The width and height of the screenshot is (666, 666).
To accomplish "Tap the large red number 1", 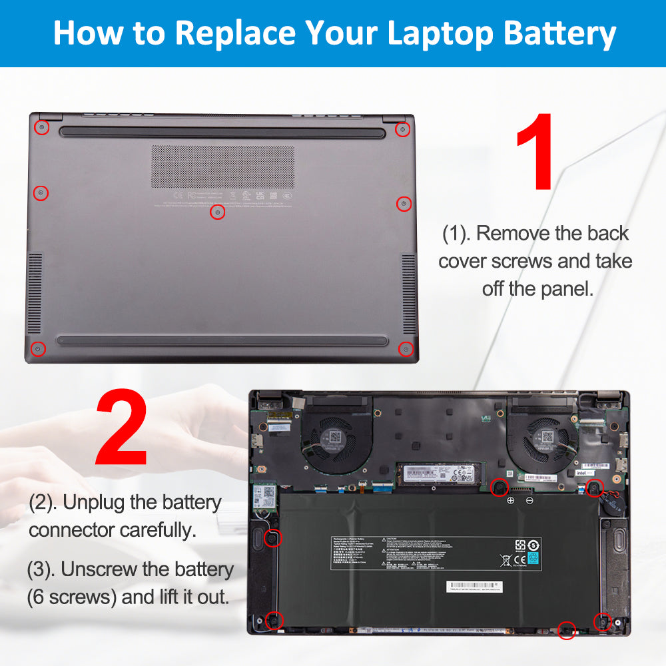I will tap(537, 153).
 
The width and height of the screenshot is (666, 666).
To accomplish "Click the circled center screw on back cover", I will tap(217, 212).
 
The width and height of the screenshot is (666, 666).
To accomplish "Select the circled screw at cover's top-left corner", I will tap(41, 126).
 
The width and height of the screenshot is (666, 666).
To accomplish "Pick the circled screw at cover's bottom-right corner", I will tap(405, 348).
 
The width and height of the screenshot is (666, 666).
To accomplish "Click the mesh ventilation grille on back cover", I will tap(222, 166).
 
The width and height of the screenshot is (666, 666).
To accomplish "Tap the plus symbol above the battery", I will tap(511, 500).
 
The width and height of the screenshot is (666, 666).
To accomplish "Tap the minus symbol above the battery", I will tap(529, 500).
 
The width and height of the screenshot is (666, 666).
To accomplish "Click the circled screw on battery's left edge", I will tap(271, 537).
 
